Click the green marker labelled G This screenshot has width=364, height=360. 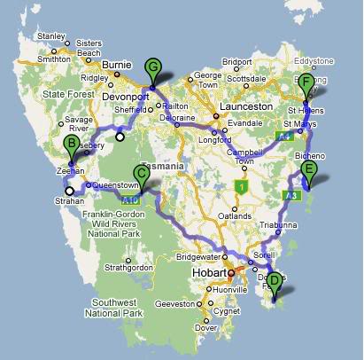pos(153,67)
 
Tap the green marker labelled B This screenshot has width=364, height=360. pos(71,146)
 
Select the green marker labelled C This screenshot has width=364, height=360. pos(141,174)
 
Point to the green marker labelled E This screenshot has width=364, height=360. pos(308,170)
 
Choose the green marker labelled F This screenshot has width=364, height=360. pos(306,85)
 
